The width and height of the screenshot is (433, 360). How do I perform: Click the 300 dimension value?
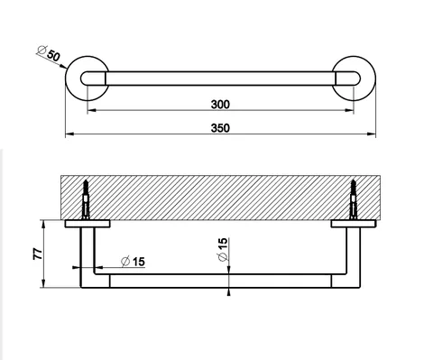pos(220,105)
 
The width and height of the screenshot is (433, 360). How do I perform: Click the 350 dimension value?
pos(220,128)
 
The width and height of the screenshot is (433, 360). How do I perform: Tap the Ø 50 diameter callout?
pos(49,53)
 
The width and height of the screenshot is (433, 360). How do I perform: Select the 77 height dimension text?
pos(38,254)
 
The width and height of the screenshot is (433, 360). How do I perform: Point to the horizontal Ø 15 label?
pos(133,262)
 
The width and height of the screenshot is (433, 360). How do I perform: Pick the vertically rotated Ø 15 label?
pos(223,249)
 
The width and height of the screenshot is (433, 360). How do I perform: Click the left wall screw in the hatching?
pos(86,199)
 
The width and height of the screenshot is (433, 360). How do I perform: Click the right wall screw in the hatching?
pos(353,199)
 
